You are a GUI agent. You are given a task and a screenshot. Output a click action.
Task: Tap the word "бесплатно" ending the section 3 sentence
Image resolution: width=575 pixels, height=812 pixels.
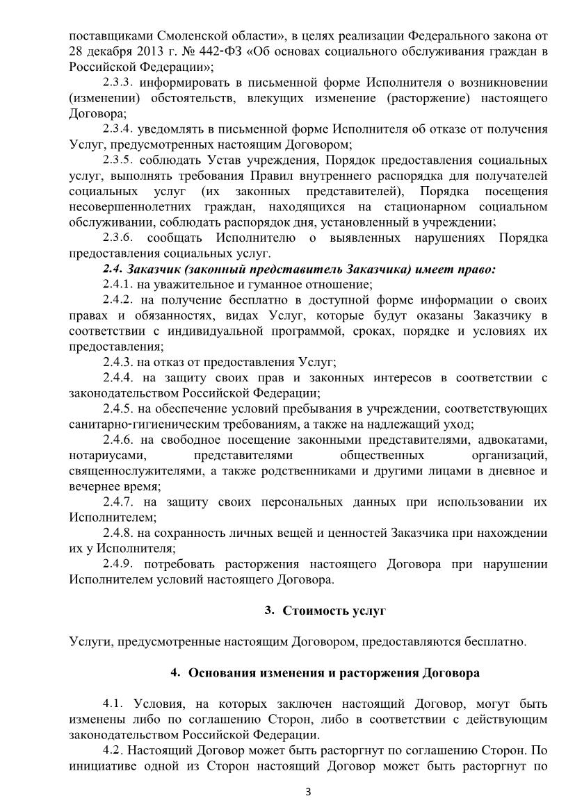[495, 642]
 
